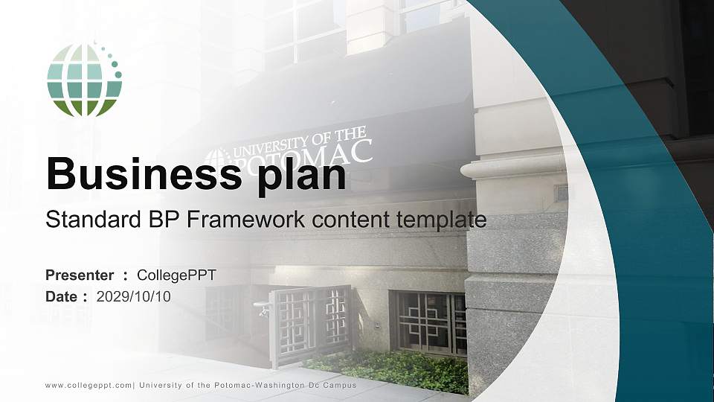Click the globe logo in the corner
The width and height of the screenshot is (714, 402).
click(84, 80)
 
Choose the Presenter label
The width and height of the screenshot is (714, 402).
click(80, 275)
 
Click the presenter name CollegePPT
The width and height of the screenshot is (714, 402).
click(176, 275)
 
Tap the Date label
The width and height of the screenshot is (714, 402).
click(63, 297)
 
